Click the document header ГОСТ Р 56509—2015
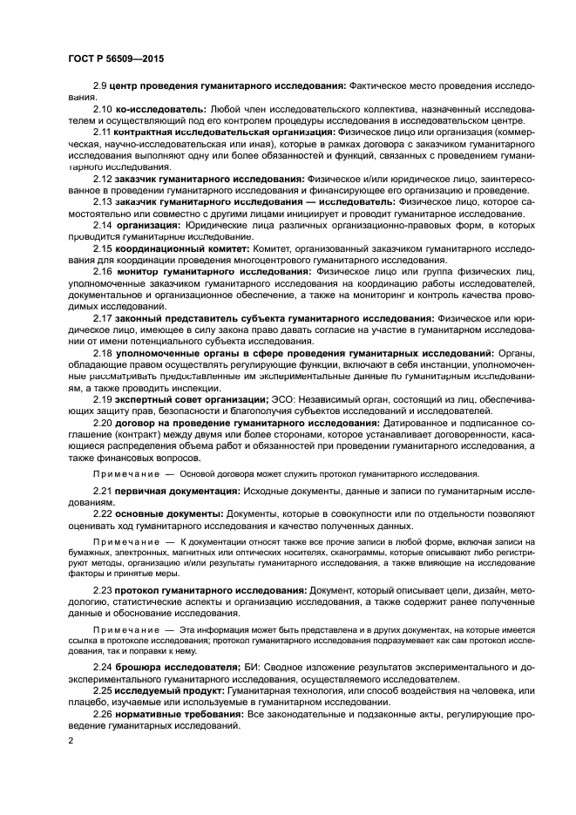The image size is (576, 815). click(116, 59)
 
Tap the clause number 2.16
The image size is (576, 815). click(105, 272)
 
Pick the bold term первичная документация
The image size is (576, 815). click(178, 492)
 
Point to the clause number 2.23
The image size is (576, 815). click(105, 590)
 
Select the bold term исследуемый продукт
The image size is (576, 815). click(171, 690)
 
